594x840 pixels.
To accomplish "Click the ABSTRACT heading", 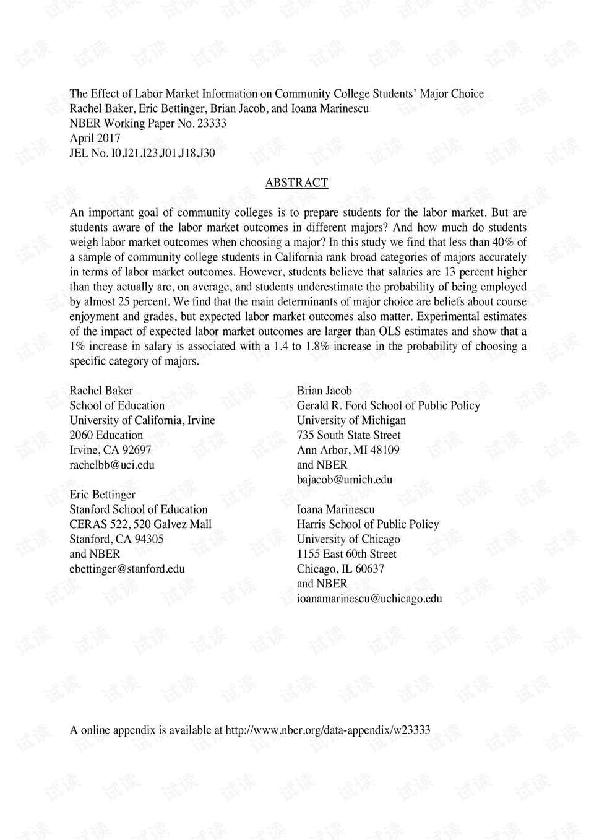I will point(296,183).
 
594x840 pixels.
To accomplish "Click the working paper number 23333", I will point(212,123).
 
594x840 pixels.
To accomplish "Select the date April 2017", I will point(95,138).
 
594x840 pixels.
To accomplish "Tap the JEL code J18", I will point(186,153).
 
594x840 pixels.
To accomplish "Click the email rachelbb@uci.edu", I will point(112,465).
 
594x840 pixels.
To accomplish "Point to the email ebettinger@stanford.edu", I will point(127,569).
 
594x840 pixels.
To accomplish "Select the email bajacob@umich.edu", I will point(345,480).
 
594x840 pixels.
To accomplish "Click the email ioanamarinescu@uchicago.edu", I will point(369,599).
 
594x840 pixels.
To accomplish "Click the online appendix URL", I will point(327,730).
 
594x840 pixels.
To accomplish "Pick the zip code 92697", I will point(137,450).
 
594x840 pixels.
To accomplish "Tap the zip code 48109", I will point(385,450).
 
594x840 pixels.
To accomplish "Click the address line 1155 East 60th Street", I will point(346,554).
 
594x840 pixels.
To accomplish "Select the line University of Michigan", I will point(351,420).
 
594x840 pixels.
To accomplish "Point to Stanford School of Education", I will point(139,509).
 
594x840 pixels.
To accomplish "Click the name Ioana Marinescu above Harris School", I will point(335,509).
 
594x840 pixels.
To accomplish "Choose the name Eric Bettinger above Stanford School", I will point(102,495).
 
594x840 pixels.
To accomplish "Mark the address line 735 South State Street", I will point(348,435).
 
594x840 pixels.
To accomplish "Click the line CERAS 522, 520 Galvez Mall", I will point(140,524).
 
